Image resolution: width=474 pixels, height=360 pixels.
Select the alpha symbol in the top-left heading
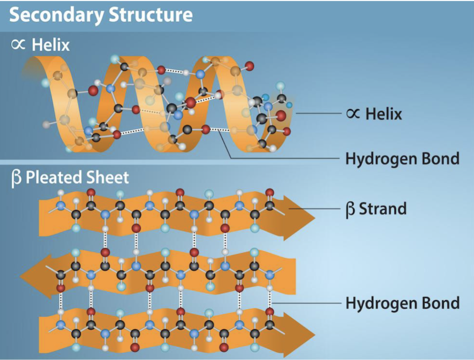coord(18,45)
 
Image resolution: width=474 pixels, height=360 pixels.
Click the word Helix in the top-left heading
coord(50,45)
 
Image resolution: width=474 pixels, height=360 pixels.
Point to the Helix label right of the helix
coord(384,114)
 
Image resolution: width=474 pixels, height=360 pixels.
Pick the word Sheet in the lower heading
coord(109,178)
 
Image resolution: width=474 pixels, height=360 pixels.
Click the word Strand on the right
coord(383,209)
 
